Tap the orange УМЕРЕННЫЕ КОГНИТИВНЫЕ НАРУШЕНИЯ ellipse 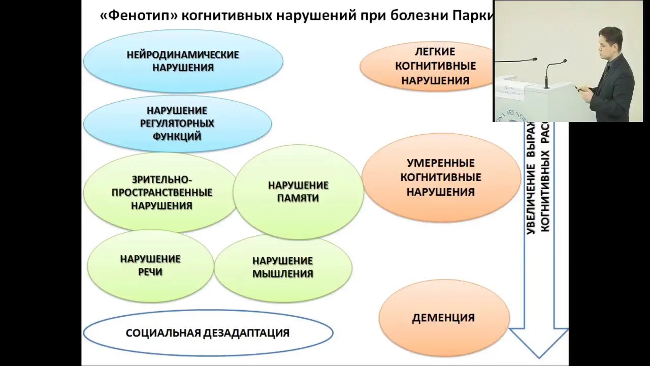(441, 177)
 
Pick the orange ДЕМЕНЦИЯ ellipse (443, 318)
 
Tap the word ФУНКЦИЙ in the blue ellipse (177, 136)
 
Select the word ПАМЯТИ (298, 198)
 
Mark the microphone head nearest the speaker (563, 62)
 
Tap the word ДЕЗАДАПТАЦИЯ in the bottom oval (246, 333)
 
